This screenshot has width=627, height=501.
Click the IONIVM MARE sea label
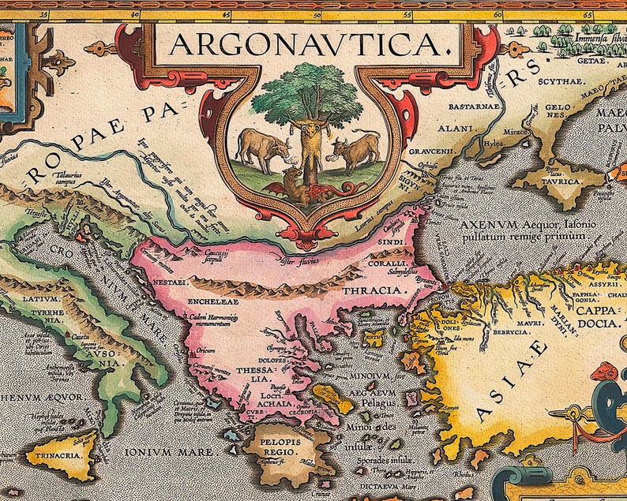171,452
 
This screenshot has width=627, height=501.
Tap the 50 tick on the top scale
317,14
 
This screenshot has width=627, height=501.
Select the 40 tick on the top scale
135,14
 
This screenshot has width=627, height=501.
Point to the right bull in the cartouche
353,148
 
